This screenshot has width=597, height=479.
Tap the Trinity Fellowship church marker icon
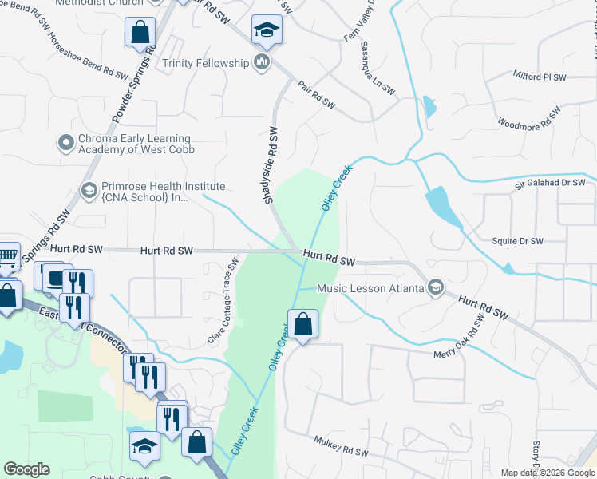[x=262, y=62]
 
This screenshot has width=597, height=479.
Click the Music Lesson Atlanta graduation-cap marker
[x=436, y=287]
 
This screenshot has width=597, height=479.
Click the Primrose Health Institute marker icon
[x=89, y=191]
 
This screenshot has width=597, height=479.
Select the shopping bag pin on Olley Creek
[x=302, y=325]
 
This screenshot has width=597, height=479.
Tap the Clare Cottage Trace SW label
[x=223, y=300]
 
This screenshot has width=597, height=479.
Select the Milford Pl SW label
[x=539, y=77]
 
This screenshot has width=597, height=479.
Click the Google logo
[x=26, y=469]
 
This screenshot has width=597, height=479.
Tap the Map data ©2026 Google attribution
[x=547, y=473]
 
